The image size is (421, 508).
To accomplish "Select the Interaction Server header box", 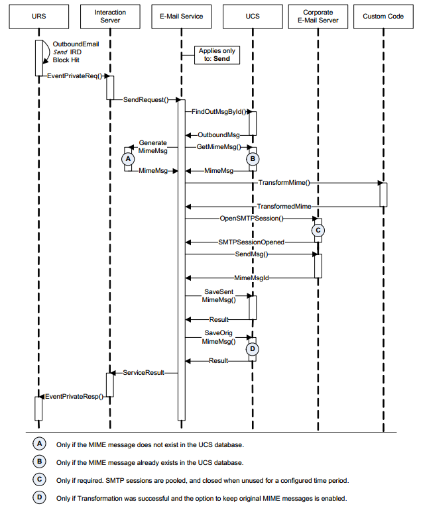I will [x=110, y=16].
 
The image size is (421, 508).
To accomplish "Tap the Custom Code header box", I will [x=383, y=16].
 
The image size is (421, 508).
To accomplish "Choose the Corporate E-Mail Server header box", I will [x=318, y=16].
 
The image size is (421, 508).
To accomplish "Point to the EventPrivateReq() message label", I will [x=72, y=76].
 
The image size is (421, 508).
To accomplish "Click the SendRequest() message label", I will [x=145, y=100].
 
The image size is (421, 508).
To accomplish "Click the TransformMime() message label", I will [x=283, y=182].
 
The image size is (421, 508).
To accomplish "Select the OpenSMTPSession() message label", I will [x=251, y=218].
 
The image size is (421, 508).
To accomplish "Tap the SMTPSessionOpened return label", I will [x=251, y=242].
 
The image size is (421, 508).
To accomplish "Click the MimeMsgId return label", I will [x=251, y=278].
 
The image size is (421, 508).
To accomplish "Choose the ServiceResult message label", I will [x=143, y=373].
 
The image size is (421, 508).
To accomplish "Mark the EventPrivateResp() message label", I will [x=73, y=397].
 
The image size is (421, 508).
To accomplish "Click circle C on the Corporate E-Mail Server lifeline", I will [x=318, y=230].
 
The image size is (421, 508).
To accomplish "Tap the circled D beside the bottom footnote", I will [x=40, y=496].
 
